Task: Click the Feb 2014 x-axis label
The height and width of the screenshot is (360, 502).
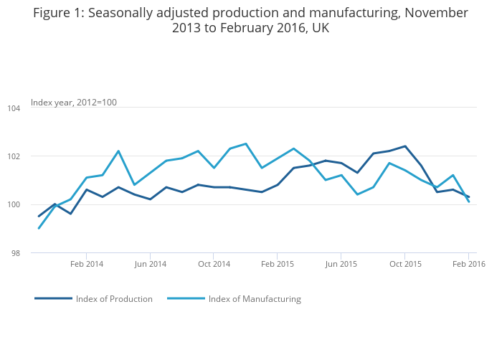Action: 87,264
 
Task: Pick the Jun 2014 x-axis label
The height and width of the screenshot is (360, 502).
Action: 150,264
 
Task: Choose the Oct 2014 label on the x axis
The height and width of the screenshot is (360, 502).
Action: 214,264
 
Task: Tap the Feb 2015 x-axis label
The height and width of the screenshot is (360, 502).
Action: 278,264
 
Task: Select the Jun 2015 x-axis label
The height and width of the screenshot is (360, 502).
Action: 341,264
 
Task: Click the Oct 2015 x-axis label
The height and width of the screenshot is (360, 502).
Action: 405,264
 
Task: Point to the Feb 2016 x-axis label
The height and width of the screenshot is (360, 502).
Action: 469,264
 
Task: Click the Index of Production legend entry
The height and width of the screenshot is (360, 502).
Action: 114,299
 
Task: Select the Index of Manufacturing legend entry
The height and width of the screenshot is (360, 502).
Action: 255,299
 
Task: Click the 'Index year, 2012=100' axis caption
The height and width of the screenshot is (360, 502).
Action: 74,103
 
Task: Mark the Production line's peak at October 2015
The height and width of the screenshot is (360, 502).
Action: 405,146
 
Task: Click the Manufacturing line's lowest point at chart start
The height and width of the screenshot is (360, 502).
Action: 39,229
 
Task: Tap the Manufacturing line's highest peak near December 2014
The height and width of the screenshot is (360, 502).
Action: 246,143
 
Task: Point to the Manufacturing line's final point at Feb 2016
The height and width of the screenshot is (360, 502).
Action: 469,202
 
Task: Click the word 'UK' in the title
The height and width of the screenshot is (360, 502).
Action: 319,29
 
